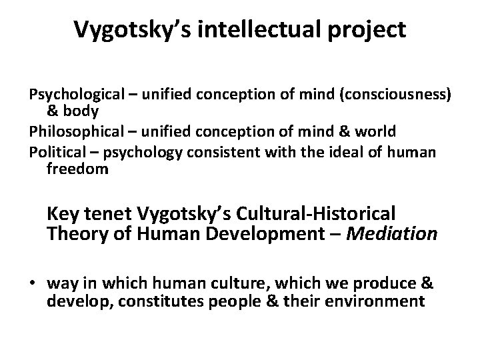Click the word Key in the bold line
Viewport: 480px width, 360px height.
pyautogui.click(x=61, y=215)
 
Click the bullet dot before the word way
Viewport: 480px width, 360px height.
pyautogui.click(x=33, y=283)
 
